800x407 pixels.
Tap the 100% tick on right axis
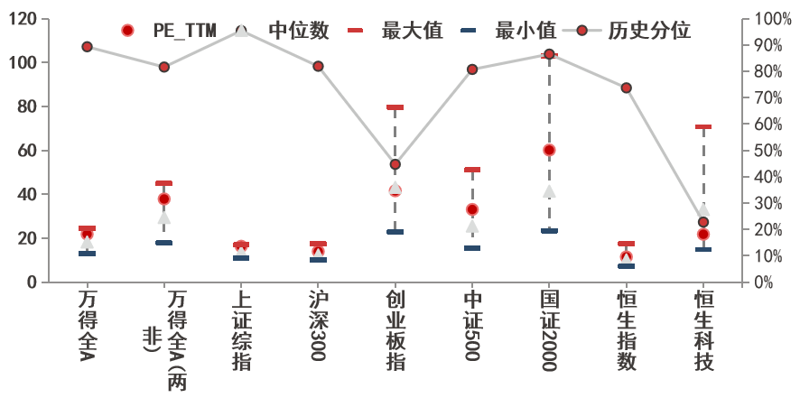[773, 19]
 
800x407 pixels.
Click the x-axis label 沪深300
[317, 325]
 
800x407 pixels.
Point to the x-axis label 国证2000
[549, 330]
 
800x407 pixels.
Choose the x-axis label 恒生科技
[703, 330]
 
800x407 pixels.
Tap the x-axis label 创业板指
[395, 330]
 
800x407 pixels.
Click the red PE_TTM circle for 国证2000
[549, 150]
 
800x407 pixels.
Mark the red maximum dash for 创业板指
[395, 107]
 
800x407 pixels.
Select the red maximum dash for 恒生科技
[703, 127]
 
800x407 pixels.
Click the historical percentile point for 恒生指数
[626, 88]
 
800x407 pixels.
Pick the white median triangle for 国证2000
[549, 191]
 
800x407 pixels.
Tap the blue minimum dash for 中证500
[472, 248]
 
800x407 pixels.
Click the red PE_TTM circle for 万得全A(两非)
[163, 199]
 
